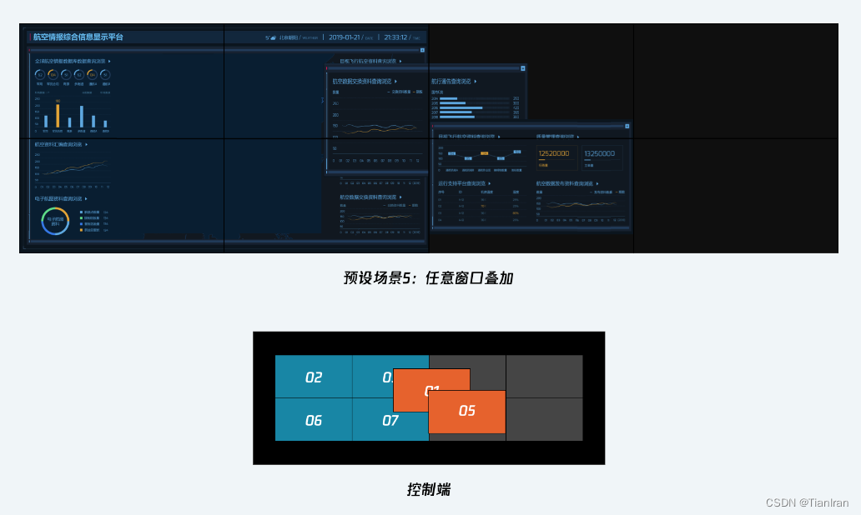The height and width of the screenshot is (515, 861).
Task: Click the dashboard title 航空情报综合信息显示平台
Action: pos(78,37)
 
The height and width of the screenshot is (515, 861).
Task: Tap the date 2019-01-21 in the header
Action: pos(344,37)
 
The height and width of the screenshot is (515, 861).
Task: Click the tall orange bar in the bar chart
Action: pos(58,115)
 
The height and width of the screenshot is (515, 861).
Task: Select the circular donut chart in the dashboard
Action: pos(55,221)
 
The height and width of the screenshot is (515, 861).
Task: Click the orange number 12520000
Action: pos(554,153)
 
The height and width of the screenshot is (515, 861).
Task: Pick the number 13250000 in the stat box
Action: pos(599,153)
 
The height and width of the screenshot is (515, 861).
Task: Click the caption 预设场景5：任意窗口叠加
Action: pos(428,278)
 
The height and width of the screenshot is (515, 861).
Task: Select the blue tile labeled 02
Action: pos(314,377)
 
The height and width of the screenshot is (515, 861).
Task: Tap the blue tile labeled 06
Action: pos(314,420)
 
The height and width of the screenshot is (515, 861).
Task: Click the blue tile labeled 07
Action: pos(390,420)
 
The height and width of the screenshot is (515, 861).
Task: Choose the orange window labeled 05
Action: pos(467,411)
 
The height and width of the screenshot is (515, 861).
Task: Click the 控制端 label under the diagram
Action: pos(428,490)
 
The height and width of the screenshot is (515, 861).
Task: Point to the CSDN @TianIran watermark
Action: pos(807,502)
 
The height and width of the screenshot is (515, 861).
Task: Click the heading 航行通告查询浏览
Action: pos(451,82)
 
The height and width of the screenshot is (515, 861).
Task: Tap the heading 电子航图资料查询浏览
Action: pos(59,199)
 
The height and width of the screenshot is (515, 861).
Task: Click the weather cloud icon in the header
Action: pos(273,37)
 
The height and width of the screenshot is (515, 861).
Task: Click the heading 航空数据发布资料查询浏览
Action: pos(564,182)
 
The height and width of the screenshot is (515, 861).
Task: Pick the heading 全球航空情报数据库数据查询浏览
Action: pos(70,61)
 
